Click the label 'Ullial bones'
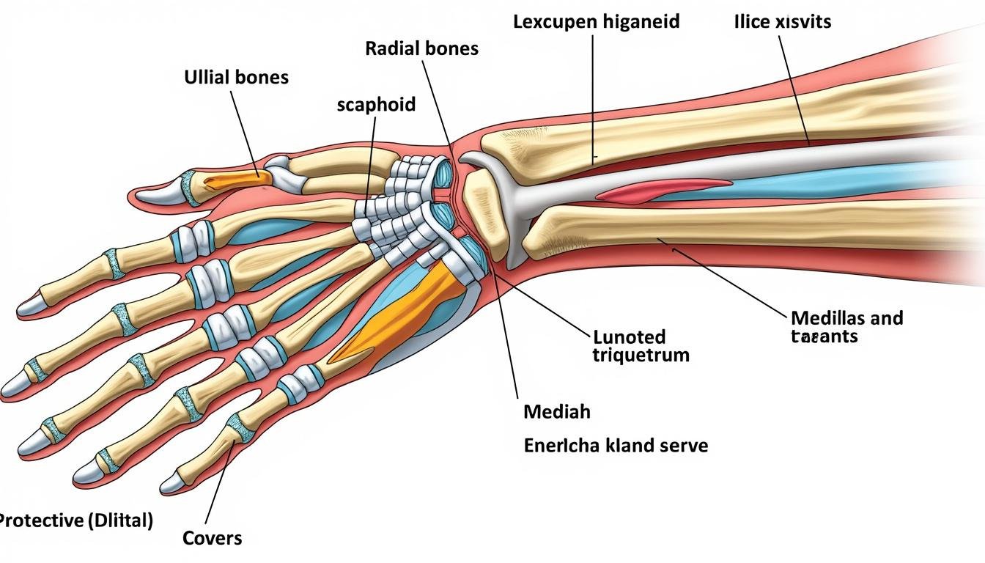[x=236, y=77]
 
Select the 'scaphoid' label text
[x=376, y=104]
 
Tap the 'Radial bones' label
[x=421, y=48]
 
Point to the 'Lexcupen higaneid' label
[x=596, y=21]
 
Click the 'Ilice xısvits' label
[x=782, y=21]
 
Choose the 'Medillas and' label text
[x=846, y=318]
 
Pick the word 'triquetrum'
[x=641, y=356]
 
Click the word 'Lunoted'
[x=629, y=337]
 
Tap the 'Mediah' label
[x=557, y=412]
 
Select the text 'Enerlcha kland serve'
[x=616, y=445]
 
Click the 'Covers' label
[x=212, y=538]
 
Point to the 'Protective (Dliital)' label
[x=75, y=521]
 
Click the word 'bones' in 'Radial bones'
[x=451, y=48]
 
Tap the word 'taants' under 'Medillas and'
[x=824, y=336]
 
